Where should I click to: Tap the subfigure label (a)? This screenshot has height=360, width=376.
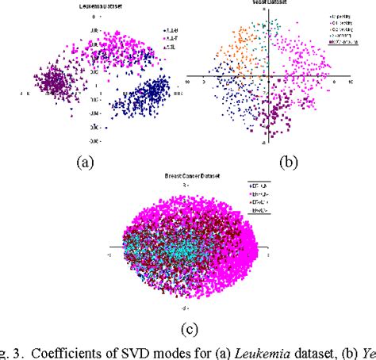tap(85, 162)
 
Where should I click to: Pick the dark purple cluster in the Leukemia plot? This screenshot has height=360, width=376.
tap(55, 80)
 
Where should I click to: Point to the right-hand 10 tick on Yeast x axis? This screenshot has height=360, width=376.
tap(346, 82)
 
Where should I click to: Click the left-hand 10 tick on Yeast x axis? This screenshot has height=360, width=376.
tap(189, 82)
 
